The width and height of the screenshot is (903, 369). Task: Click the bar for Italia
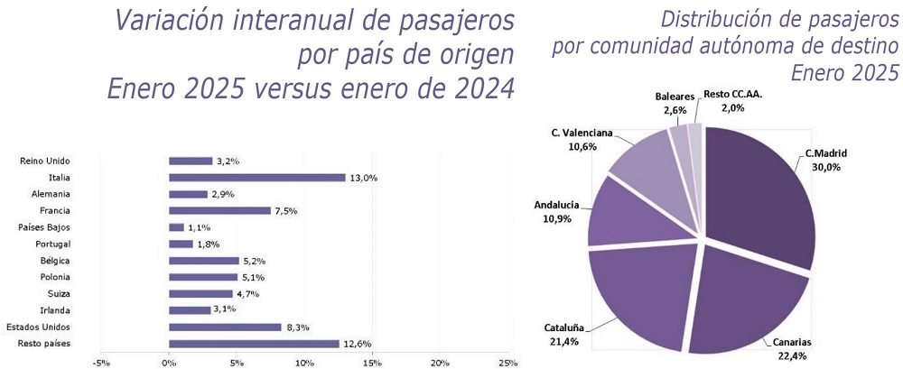(x=256, y=178)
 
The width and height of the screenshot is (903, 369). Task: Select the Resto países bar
(x=254, y=344)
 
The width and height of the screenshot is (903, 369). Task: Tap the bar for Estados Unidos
(x=225, y=327)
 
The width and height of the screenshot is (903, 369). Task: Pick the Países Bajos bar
(x=176, y=227)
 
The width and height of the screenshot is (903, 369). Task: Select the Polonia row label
(x=56, y=278)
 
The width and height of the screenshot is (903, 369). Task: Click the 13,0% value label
(x=363, y=178)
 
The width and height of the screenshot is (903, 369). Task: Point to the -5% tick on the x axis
(x=101, y=364)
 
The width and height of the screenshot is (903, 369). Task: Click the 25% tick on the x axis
(x=507, y=364)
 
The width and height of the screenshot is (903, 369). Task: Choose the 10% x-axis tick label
(x=304, y=364)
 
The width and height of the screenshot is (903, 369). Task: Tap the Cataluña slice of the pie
(x=639, y=293)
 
